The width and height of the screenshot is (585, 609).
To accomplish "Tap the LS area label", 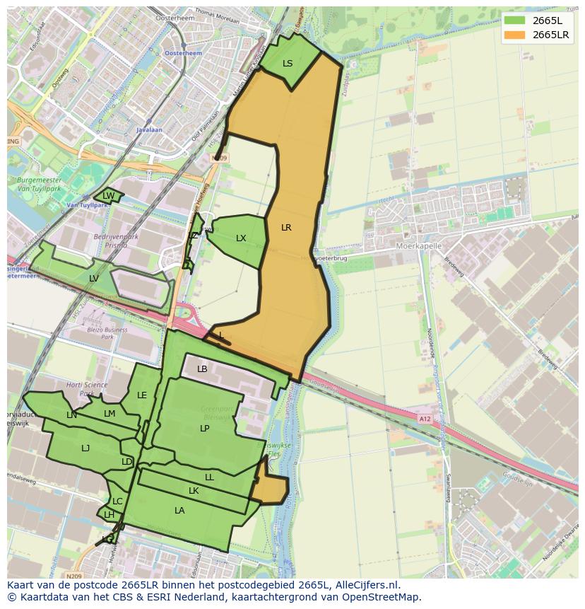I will (288, 64).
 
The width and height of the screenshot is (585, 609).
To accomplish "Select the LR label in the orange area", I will (286, 228).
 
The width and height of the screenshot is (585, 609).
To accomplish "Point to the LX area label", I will (241, 238).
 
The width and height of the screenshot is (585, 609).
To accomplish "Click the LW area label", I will (108, 196).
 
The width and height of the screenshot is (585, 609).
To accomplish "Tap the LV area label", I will (94, 279).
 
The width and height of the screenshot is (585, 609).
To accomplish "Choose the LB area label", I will (202, 369).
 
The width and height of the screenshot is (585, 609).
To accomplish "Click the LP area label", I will (204, 429).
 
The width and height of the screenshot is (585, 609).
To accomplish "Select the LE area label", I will (142, 395).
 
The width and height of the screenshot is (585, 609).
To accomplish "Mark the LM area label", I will (110, 414).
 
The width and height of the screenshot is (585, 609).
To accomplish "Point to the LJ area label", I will (85, 448).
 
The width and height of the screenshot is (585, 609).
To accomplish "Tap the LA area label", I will (179, 511).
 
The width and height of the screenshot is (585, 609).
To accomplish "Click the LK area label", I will (194, 491).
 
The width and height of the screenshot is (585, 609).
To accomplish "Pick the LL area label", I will (209, 477).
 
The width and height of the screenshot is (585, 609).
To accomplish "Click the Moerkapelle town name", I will (419, 246).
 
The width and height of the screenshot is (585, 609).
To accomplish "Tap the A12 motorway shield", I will (424, 419).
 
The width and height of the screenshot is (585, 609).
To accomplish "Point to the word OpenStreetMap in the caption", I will (382, 597).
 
